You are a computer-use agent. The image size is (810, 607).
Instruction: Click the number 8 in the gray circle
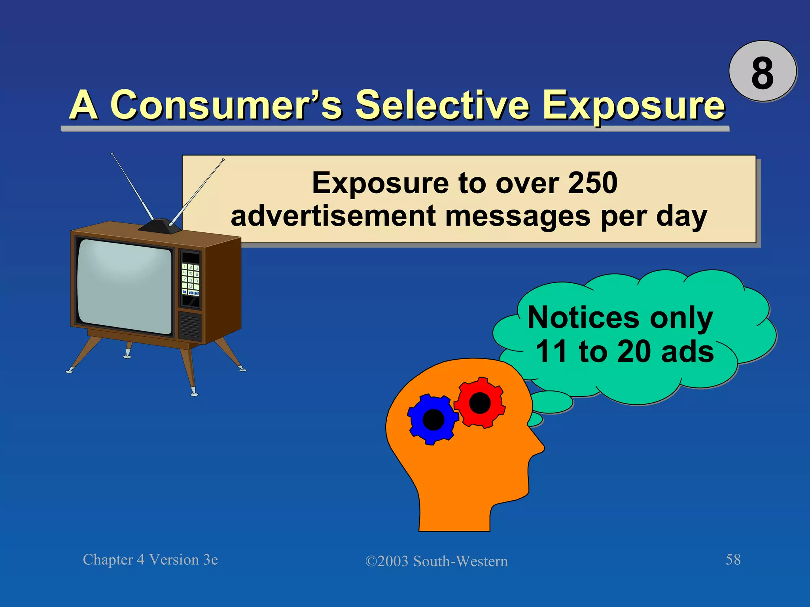pyautogui.click(x=762, y=73)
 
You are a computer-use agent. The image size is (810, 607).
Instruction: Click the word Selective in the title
pyautogui.click(x=442, y=105)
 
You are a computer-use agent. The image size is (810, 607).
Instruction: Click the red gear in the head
pyautogui.click(x=480, y=403)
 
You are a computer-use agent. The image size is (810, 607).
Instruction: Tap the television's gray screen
pyautogui.click(x=125, y=286)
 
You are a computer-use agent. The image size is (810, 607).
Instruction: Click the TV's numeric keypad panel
pyautogui.click(x=190, y=279)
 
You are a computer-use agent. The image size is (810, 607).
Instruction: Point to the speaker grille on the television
pyautogui.click(x=190, y=326)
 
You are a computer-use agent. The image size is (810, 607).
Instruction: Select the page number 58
pyautogui.click(x=733, y=560)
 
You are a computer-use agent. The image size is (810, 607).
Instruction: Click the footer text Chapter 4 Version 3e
pyautogui.click(x=150, y=560)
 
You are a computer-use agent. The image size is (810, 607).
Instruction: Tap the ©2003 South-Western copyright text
pyautogui.click(x=436, y=561)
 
